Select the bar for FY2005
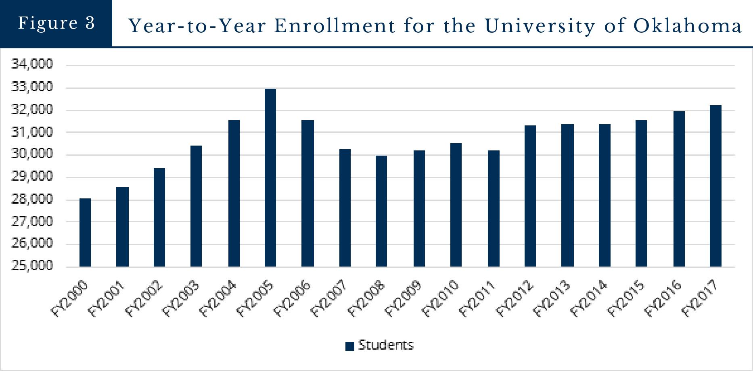point(270,177)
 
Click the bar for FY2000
point(85,232)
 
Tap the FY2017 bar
point(715,186)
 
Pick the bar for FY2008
point(381,211)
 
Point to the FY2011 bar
point(494,208)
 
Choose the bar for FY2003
point(196,206)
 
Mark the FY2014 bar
point(604,195)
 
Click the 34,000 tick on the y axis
point(32,64)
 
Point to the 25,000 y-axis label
point(32,266)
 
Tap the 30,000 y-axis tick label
point(32,154)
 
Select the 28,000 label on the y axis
point(32,199)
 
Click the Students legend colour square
point(350,346)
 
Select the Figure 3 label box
point(56,23)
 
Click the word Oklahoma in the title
point(687,26)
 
